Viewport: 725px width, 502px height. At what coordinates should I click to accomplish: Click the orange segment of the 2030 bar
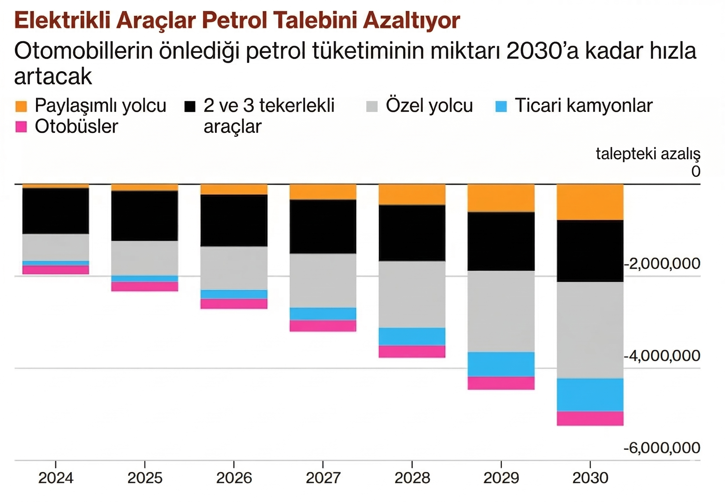pyautogui.click(x=590, y=202)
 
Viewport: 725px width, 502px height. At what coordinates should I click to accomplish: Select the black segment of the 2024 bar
pyautogui.click(x=56, y=211)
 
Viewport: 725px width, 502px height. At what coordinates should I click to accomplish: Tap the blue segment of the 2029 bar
pyautogui.click(x=501, y=364)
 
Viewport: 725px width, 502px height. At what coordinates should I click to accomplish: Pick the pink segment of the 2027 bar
pyautogui.click(x=323, y=326)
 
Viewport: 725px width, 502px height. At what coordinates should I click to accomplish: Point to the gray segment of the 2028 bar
pyautogui.click(x=412, y=294)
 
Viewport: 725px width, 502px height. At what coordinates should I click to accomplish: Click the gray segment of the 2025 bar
pyautogui.click(x=145, y=258)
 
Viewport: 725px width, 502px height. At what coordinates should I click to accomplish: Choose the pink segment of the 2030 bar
pyautogui.click(x=590, y=418)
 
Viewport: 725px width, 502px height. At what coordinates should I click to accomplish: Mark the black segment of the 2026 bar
pyautogui.click(x=234, y=220)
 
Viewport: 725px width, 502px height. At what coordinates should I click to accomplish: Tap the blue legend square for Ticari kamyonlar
pyautogui.click(x=501, y=106)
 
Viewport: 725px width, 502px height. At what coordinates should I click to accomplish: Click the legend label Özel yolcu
pyautogui.click(x=429, y=105)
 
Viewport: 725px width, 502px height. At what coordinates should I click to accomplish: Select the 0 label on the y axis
pyautogui.click(x=696, y=172)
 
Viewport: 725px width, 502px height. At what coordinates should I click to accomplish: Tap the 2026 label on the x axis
pyautogui.click(x=234, y=478)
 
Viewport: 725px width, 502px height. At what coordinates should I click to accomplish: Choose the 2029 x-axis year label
pyautogui.click(x=501, y=478)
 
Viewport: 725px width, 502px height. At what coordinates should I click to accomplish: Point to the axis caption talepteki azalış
pyautogui.click(x=648, y=154)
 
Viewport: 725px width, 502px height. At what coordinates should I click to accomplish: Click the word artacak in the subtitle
pyautogui.click(x=53, y=76)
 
